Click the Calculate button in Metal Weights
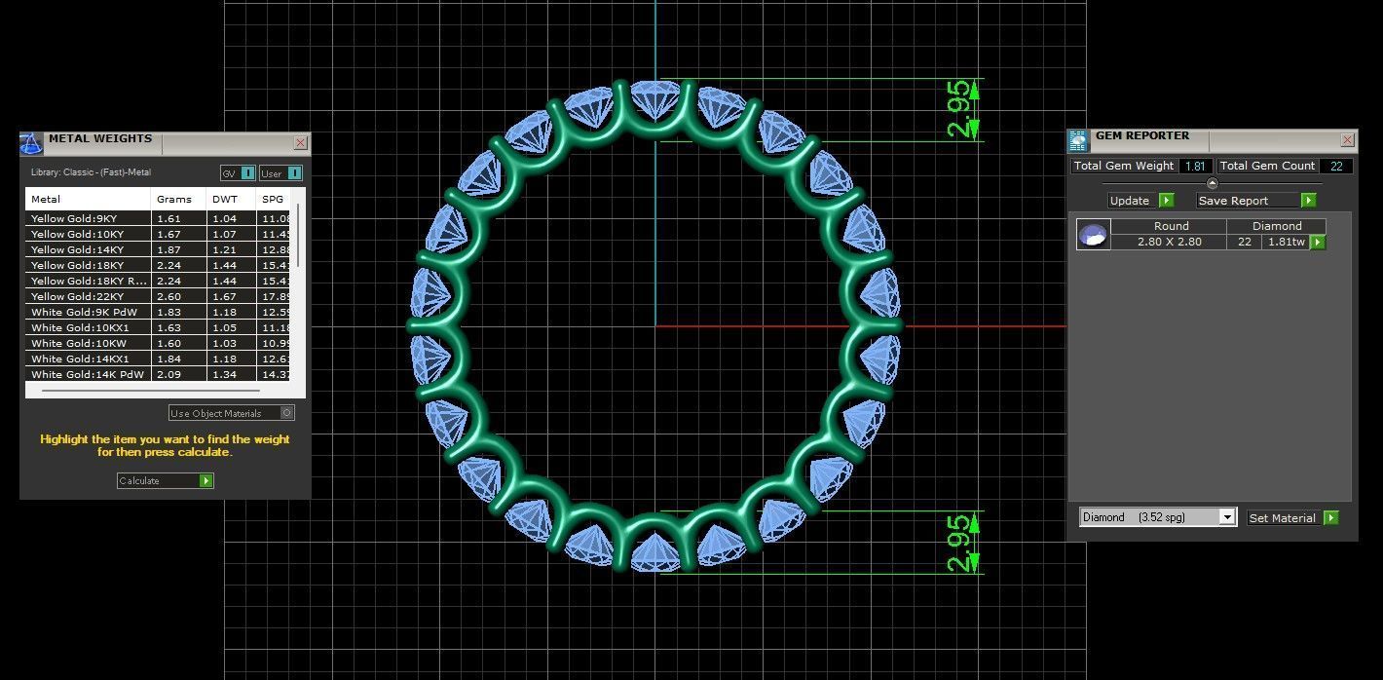click(x=165, y=481)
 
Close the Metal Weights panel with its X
click(x=300, y=143)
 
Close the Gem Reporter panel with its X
click(x=1347, y=140)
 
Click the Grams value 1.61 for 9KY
click(x=169, y=218)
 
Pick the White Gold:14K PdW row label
click(x=87, y=374)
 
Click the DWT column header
click(x=225, y=199)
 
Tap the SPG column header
click(x=273, y=199)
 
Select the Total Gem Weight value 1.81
click(x=1194, y=167)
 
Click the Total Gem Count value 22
click(x=1335, y=167)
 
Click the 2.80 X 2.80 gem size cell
click(x=1169, y=242)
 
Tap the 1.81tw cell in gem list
click(x=1284, y=242)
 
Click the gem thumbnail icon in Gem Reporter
click(x=1093, y=235)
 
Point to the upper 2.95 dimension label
click(x=958, y=109)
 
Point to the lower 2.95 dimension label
click(x=958, y=543)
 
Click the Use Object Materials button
click(x=231, y=413)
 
